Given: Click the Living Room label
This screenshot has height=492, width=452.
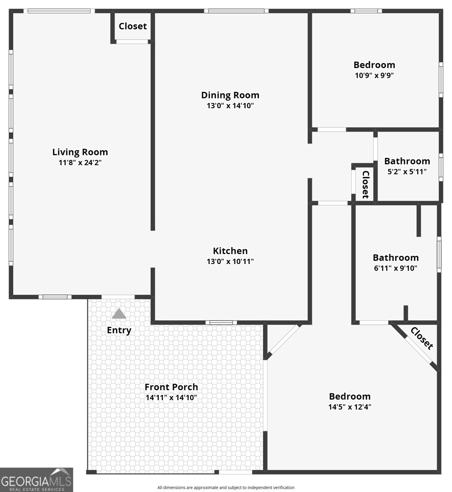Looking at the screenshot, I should coord(80,152).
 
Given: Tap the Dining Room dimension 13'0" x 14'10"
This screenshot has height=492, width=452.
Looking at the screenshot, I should coord(230,106).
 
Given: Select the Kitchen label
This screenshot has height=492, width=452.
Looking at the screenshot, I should coord(230,251).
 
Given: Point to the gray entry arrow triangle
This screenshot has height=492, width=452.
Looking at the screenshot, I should coord(119,314).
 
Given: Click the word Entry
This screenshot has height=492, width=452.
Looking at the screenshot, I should coord(119,330).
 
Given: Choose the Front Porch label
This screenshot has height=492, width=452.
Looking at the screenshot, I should coord(171,387).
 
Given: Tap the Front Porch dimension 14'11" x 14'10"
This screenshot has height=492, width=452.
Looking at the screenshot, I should coord(171,397).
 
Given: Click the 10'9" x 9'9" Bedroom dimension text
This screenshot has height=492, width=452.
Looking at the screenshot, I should coord(374,75).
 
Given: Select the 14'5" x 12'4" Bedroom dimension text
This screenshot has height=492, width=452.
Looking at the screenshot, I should coord(350,407).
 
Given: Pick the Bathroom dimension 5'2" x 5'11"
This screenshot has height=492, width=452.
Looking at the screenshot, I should coord(407,172).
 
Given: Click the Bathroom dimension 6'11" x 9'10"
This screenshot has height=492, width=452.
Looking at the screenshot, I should coord(396,268).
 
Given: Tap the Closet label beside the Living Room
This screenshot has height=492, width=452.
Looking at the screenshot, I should coord(133,26).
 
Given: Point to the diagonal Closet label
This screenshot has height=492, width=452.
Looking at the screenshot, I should coord(422,338).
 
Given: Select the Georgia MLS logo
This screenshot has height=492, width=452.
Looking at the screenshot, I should coord(37,480).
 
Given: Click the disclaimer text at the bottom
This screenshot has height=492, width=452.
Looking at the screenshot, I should coord(226,487).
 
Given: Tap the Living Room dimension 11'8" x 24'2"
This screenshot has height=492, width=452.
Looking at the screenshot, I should coord(80,163).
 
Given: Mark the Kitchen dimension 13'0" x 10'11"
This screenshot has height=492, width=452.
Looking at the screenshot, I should coord(230,262).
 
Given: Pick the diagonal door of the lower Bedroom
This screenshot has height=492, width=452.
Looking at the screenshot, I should coord(284,340).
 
